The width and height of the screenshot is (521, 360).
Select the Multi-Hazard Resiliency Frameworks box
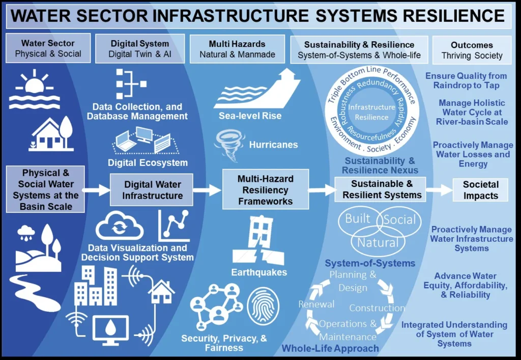pyautogui.click(x=265, y=190)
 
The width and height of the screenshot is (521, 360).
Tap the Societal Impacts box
pyautogui.click(x=480, y=190)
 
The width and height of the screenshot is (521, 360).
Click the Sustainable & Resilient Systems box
pyautogui.click(x=382, y=189)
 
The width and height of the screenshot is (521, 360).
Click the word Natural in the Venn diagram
pyautogui.click(x=377, y=242)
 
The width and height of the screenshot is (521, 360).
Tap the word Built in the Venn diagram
pyautogui.click(x=358, y=219)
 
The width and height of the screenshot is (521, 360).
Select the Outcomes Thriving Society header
pyautogui.click(x=472, y=50)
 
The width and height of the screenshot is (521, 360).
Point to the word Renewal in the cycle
pyautogui.click(x=316, y=304)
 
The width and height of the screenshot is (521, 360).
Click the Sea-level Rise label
pyautogui.click(x=250, y=116)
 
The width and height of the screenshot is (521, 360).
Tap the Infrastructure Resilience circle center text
pyautogui.click(x=371, y=112)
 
